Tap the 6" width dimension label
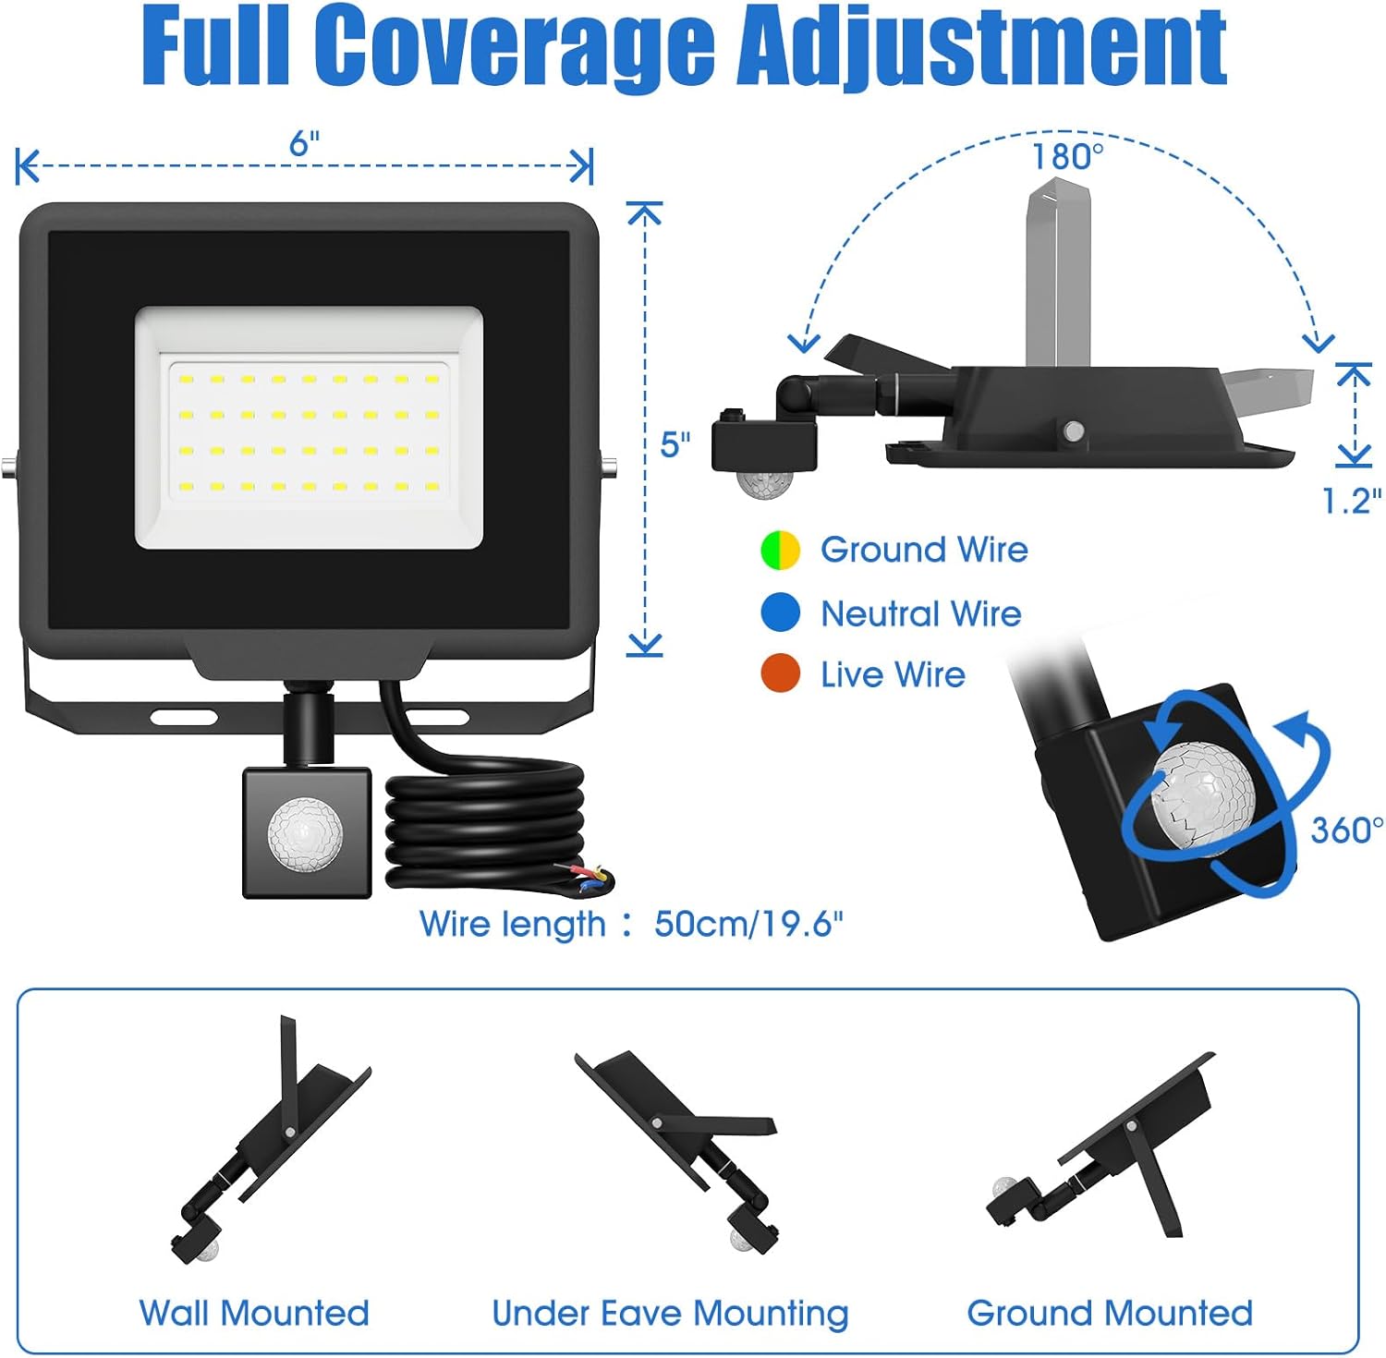304,144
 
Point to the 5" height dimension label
675,444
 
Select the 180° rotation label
1067,157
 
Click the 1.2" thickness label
1351,501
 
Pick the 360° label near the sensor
1347,830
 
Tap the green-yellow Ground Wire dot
780,550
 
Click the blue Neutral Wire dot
780,612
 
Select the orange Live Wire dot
780,673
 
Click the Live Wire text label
893,674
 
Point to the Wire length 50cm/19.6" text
631,924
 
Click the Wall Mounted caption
254,1313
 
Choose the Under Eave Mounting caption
670,1314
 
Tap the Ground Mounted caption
1110,1313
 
